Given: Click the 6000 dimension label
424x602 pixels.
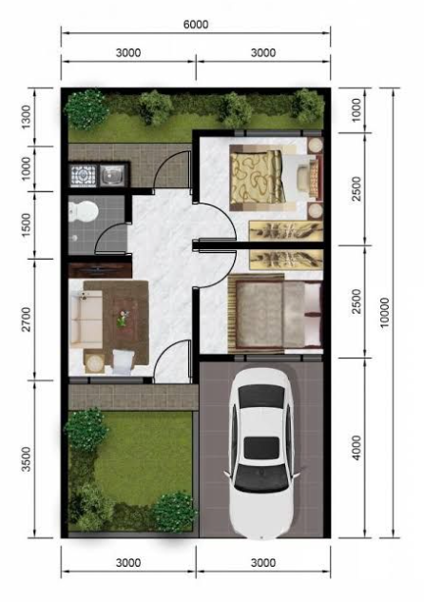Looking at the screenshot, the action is click(x=196, y=24).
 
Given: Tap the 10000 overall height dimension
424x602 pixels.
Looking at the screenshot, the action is click(x=385, y=313).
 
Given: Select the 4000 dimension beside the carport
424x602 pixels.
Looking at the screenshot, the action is click(x=357, y=448).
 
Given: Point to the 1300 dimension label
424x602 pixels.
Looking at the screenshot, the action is click(x=26, y=117).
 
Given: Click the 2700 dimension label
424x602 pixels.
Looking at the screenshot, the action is click(x=26, y=319).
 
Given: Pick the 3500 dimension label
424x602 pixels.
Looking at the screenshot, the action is click(x=26, y=458).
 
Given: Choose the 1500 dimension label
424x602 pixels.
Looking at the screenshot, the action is click(x=26, y=225).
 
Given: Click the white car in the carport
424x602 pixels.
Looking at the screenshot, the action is click(x=262, y=454).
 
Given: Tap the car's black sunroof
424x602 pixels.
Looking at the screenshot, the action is click(x=261, y=448).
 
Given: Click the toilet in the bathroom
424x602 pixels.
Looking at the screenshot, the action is click(x=83, y=211).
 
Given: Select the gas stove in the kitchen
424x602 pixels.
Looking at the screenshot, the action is click(x=83, y=176).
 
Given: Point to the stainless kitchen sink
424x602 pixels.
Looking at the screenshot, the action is click(x=112, y=176).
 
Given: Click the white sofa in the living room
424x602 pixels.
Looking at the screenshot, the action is click(x=86, y=320).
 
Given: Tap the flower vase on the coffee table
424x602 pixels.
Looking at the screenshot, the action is click(x=123, y=319).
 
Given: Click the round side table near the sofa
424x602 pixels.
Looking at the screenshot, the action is click(x=94, y=362).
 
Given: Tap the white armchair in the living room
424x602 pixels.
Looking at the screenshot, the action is click(x=123, y=362).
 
